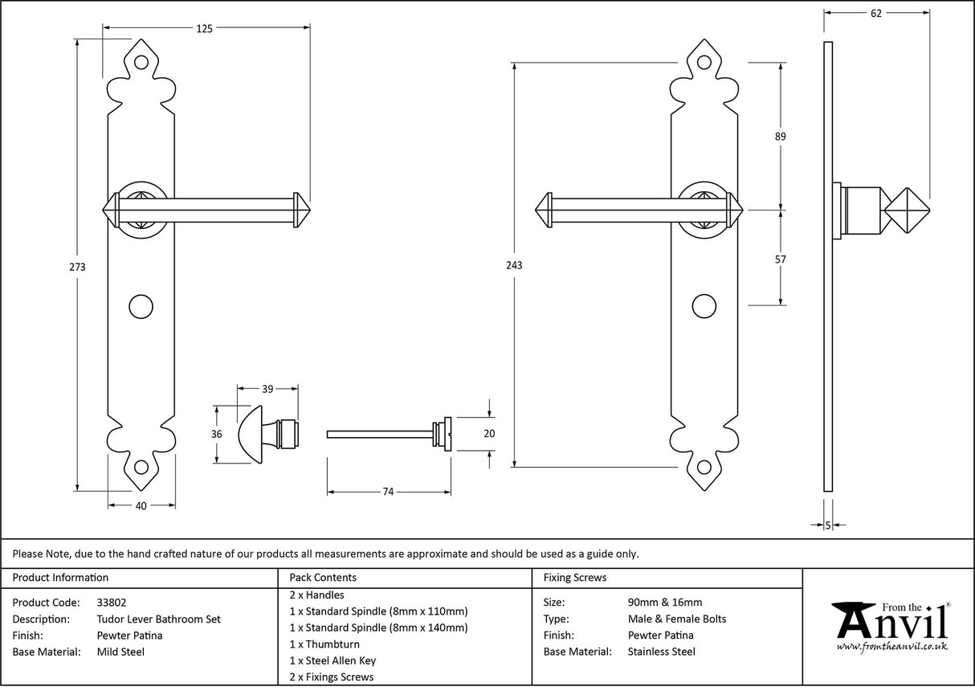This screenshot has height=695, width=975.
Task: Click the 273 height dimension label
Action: coord(79,266)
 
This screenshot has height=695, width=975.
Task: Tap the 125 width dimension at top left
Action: coord(204,29)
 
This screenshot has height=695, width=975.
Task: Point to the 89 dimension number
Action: coord(780,137)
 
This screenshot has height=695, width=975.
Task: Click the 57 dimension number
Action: coord(780,260)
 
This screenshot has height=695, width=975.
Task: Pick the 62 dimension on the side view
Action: coord(875,13)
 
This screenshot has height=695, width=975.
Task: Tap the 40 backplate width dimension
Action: coord(141,505)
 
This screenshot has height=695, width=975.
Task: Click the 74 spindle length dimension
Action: coord(387,493)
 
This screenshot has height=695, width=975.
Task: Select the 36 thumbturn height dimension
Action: coord(217,434)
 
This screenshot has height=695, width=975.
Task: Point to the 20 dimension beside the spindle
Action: coord(490,434)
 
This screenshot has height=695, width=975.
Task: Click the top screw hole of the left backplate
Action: coord(141,61)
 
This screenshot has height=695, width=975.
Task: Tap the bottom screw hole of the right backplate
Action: coord(704,467)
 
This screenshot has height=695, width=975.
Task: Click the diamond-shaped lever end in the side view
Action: coord(906,210)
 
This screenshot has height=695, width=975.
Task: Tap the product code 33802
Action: coord(111,602)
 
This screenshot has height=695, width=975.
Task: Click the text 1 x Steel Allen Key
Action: coord(332,660)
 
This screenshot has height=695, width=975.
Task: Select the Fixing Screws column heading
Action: coord(575,577)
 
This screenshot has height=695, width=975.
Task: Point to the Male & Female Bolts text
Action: coord(677,619)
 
